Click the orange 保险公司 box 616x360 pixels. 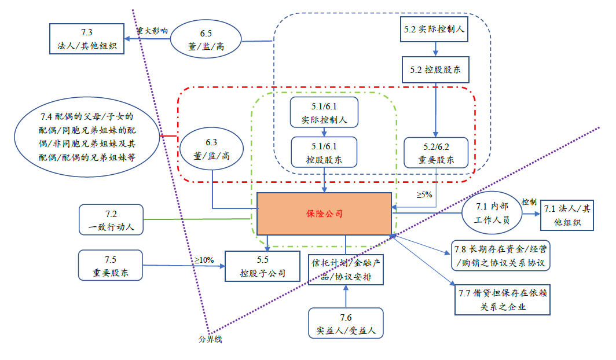coord(324,214)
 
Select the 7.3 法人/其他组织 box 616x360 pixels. coord(87,39)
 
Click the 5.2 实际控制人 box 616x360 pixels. coord(434,28)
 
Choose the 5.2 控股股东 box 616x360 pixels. coord(434,71)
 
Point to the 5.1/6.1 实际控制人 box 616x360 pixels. coord(324,112)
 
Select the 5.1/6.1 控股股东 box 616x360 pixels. coord(324,152)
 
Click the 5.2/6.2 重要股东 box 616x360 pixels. coord(436,153)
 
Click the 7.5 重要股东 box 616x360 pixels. coord(110,266)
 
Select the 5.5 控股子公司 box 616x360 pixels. coord(263,266)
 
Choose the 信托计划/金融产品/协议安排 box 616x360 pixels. coord(345,269)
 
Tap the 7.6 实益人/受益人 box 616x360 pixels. coord(346,324)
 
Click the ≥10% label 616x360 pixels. coord(204,260)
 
